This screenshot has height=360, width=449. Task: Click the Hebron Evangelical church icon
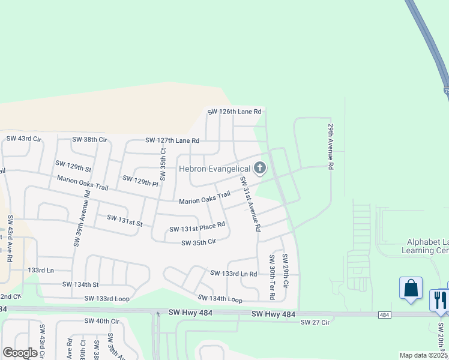(260, 169)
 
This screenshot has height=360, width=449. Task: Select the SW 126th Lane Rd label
(235, 112)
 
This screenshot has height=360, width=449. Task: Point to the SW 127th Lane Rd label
(172, 140)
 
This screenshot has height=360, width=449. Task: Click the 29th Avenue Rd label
(330, 147)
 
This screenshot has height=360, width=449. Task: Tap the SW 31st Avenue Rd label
(250, 205)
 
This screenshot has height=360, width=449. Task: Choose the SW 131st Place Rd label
(197, 227)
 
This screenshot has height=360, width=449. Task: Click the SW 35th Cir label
(198, 242)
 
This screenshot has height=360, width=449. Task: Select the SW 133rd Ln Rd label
(234, 273)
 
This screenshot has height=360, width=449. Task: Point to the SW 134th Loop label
(220, 298)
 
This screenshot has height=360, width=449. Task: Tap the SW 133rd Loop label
(107, 298)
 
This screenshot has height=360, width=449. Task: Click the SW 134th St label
(80, 284)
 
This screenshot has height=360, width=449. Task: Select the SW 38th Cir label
(89, 139)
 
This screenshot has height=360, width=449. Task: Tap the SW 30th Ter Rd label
(272, 277)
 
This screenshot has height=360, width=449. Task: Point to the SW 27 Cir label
(315, 322)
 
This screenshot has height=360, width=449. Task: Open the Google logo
(20, 352)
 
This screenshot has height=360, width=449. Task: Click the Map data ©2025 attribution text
(423, 355)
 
